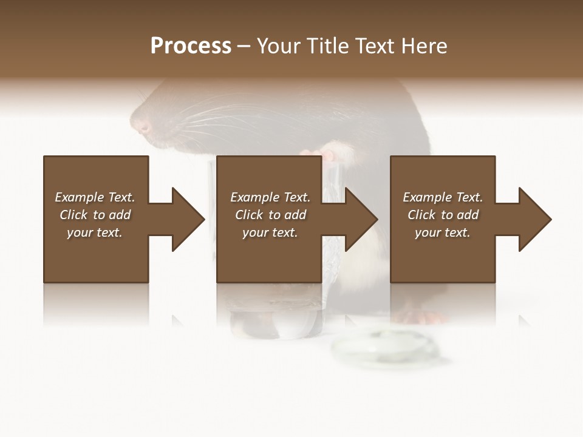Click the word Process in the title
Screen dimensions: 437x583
tap(191, 46)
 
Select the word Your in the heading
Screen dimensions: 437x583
tap(278, 46)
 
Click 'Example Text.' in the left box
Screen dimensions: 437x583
tap(95, 197)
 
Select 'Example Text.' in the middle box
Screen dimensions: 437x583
tap(270, 197)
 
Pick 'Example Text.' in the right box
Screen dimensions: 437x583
tap(443, 197)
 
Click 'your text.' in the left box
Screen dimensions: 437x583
tap(95, 232)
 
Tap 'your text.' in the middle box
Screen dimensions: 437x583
tap(270, 232)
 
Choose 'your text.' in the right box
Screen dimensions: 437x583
tap(443, 232)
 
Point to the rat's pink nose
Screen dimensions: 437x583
tap(143, 127)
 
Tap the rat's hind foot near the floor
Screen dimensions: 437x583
tap(425, 316)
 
